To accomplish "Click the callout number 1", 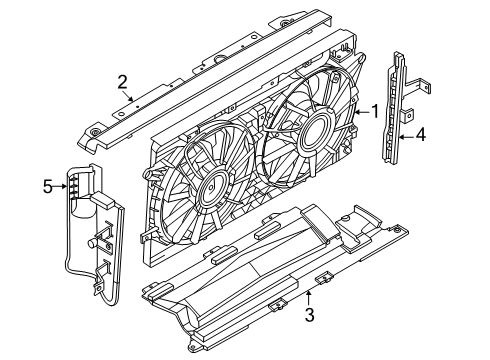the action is click(x=375, y=111).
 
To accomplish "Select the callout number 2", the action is click(x=122, y=82).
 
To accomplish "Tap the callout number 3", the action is click(x=310, y=315).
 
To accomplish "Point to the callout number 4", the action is click(x=421, y=135).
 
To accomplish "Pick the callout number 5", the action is click(x=48, y=186).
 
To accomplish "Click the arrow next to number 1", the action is click(x=362, y=112).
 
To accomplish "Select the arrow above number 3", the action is click(x=309, y=298).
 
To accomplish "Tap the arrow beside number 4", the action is click(x=407, y=137).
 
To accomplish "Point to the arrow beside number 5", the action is click(x=60, y=186).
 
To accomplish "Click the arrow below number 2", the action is click(x=129, y=96).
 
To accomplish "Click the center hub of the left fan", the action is click(x=212, y=190).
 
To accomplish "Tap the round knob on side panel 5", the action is click(x=91, y=243).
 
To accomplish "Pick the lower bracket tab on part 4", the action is click(x=407, y=115).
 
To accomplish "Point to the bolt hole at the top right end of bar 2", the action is click(x=284, y=23).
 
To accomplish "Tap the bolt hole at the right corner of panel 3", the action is click(x=397, y=230).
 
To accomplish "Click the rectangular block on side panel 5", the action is click(x=103, y=199).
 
